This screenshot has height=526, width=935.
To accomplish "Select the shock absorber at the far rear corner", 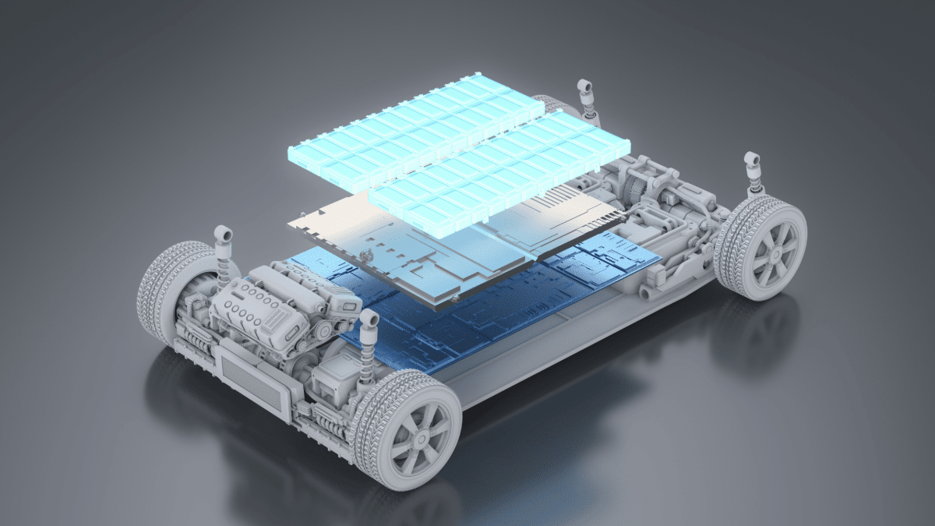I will coord(584,97).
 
